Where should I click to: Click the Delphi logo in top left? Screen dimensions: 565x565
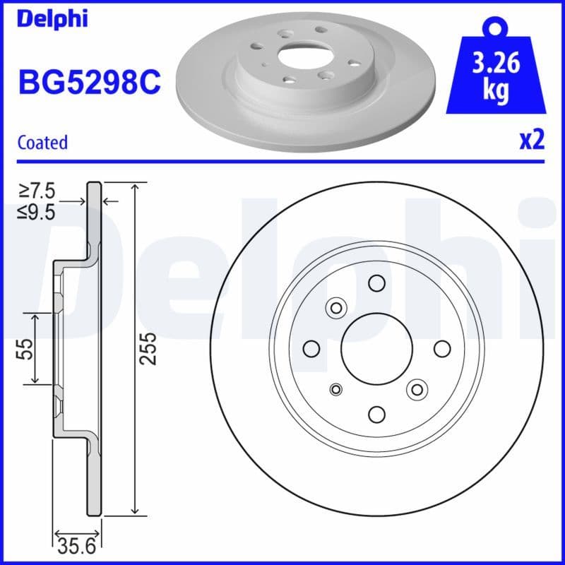click(53, 19)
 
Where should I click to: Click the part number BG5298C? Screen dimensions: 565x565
click(89, 83)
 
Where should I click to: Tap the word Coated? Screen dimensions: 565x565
click(42, 143)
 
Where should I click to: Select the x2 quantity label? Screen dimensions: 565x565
click(532, 141)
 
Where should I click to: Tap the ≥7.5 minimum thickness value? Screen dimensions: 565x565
click(37, 191)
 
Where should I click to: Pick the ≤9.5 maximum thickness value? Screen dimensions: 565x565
click(37, 212)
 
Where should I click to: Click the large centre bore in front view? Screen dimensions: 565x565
click(376, 349)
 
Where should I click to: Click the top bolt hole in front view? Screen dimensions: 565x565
click(376, 283)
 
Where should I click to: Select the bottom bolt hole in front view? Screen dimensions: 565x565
click(376, 415)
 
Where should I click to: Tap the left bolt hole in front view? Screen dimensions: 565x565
click(310, 349)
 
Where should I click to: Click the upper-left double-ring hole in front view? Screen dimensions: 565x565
click(335, 307)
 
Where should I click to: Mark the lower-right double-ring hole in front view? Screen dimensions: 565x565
click(417, 389)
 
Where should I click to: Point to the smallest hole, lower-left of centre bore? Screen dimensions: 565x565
click(336, 388)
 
